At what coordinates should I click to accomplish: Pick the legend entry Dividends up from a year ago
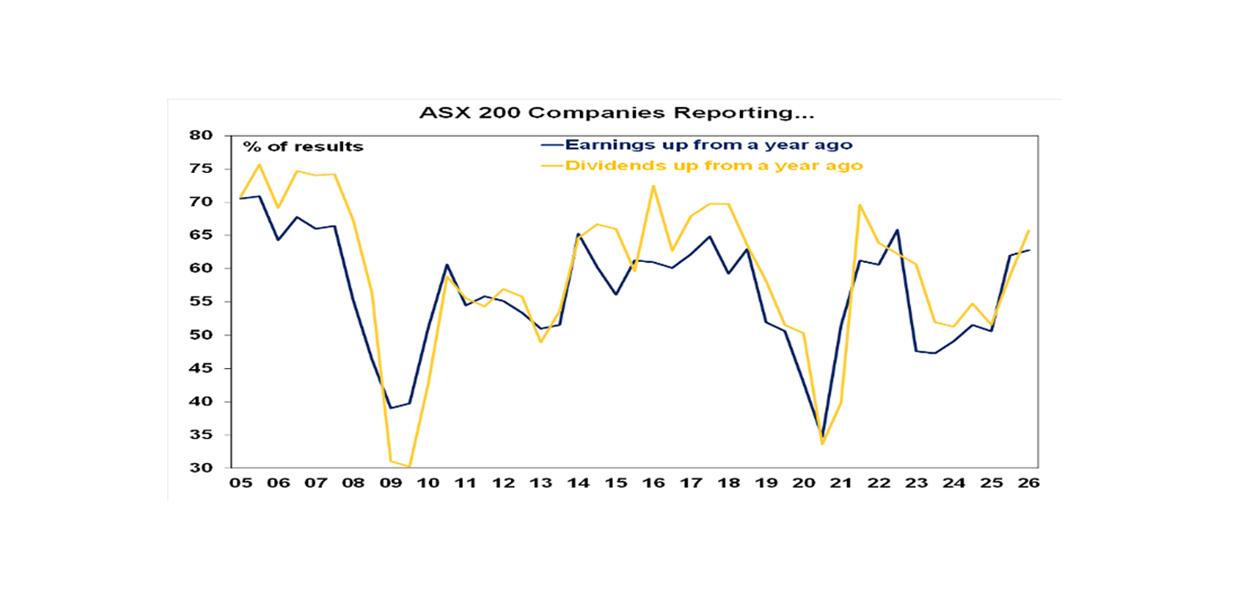[714, 166]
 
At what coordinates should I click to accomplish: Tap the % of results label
[304, 147]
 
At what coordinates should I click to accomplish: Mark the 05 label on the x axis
[240, 483]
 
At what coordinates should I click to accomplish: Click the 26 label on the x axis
[1029, 483]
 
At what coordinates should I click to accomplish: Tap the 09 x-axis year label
[390, 483]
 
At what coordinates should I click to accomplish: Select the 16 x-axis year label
[653, 483]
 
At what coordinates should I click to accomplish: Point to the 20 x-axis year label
[803, 483]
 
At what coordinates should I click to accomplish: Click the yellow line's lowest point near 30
[409, 466]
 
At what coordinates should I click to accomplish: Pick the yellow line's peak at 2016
[653, 186]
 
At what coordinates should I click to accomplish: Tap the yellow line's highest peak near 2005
[259, 165]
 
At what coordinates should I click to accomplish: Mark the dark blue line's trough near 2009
[390, 408]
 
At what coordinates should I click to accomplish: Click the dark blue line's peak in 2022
[897, 230]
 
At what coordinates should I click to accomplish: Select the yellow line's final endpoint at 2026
[1029, 231]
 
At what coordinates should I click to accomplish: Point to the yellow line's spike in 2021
[860, 205]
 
